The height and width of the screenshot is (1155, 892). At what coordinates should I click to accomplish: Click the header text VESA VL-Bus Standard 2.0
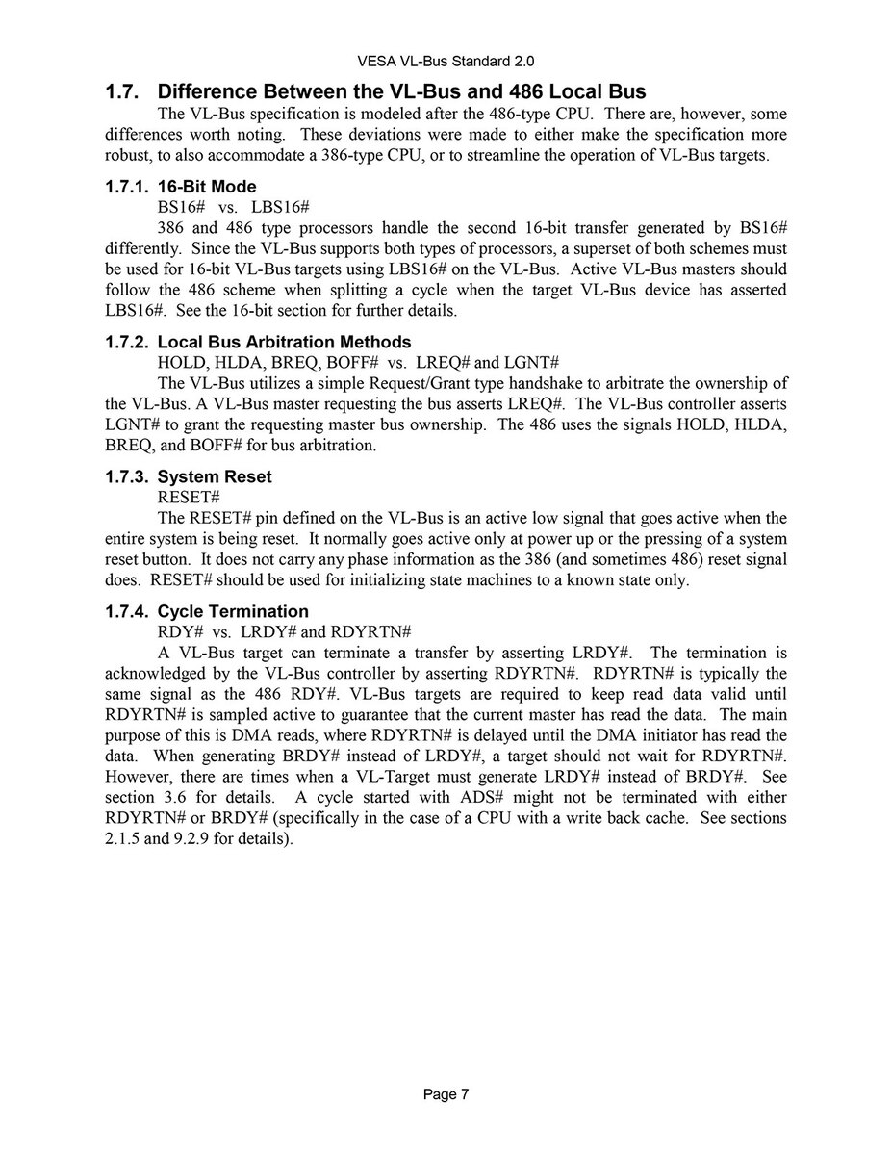(x=446, y=61)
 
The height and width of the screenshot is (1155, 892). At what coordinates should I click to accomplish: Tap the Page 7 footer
(x=446, y=1094)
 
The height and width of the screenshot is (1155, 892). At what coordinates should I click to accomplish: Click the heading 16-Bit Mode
(x=207, y=187)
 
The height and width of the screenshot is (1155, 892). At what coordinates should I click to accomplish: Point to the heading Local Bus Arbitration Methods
(x=284, y=342)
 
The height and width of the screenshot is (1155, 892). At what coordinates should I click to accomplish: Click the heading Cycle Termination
(x=233, y=611)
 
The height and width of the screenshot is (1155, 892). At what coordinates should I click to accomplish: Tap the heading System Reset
(x=215, y=476)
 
